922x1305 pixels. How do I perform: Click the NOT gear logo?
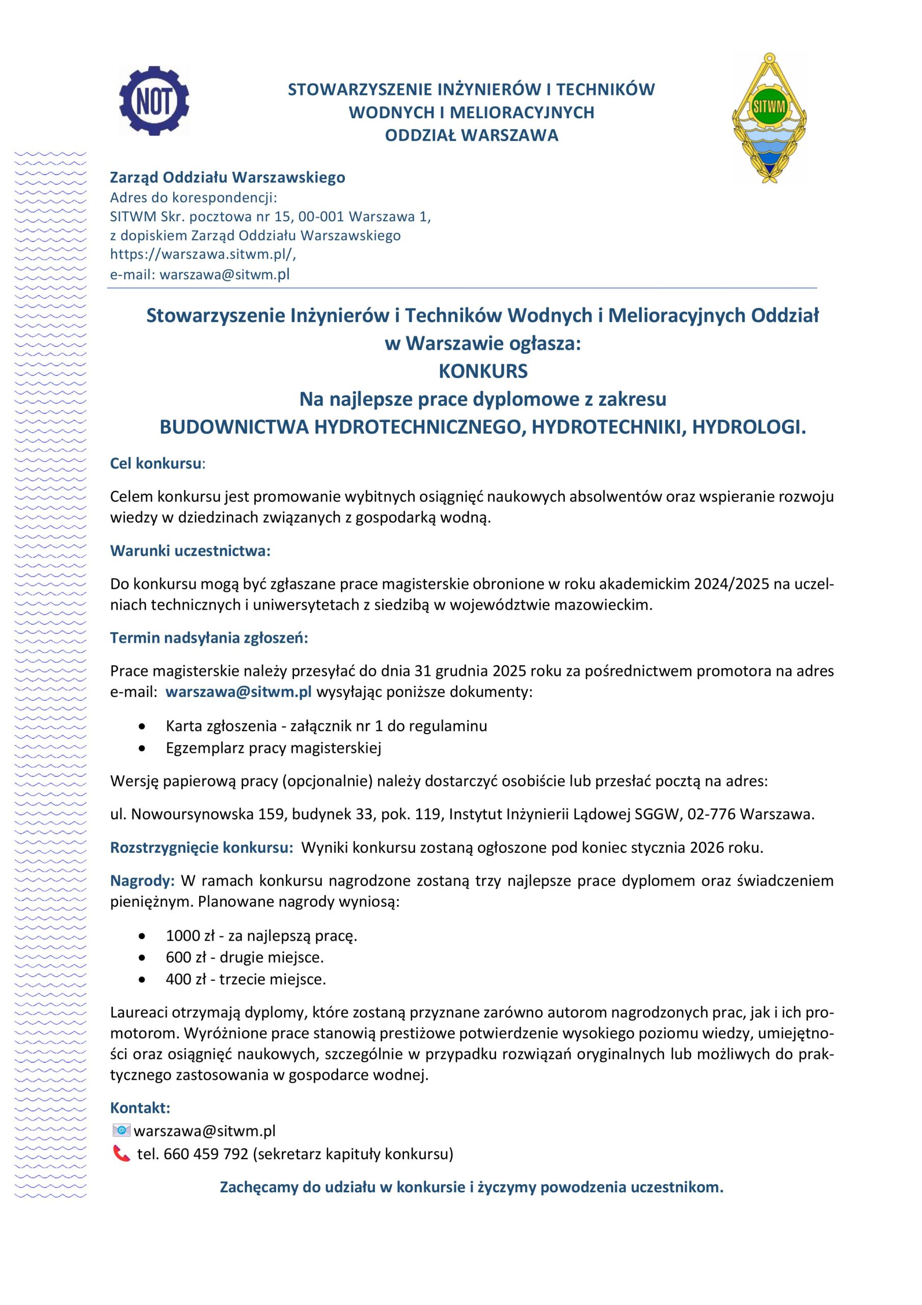pyautogui.click(x=154, y=100)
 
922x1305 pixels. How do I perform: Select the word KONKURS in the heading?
pyautogui.click(x=483, y=371)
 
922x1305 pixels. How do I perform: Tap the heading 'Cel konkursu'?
pyautogui.click(x=156, y=463)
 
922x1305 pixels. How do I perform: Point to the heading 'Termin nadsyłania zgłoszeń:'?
pyautogui.click(x=209, y=638)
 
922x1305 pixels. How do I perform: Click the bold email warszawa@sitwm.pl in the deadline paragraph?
pyautogui.click(x=238, y=692)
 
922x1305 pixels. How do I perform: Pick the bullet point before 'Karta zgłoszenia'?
pyautogui.click(x=142, y=726)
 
